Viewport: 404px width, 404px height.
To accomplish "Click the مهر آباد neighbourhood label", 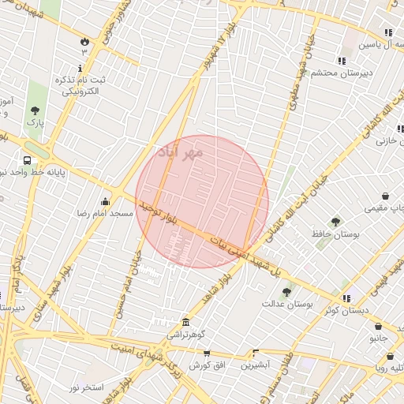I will (180, 150).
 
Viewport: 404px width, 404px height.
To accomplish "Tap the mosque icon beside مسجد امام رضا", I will (105, 200).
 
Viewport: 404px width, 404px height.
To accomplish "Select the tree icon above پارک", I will (34, 111).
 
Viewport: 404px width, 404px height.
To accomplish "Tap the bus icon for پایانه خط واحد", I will (28, 160).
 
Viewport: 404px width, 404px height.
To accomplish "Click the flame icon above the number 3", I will (84, 39).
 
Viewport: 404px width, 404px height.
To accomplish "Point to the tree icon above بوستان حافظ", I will (335, 222).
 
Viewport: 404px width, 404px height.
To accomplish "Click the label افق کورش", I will (206, 365).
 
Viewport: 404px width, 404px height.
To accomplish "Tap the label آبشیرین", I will (256, 365).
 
